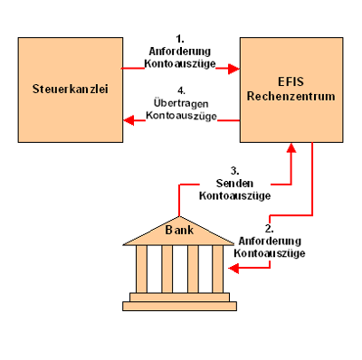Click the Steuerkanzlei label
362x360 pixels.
tap(71, 89)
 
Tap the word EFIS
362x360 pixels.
tap(291, 81)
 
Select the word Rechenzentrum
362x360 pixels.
tap(291, 96)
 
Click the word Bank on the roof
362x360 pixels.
tap(179, 230)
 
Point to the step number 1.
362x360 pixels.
tap(180, 39)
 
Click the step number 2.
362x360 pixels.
tap(270, 229)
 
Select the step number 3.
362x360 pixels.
tap(235, 171)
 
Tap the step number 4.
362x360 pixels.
tap(181, 90)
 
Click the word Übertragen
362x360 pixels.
tap(181, 103)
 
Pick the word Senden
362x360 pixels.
tap(234, 183)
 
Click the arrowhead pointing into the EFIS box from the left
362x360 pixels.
tap(233, 69)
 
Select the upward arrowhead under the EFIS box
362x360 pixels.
tap(291, 147)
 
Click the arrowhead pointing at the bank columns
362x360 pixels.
tap(233, 268)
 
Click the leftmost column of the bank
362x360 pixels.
tap(141, 269)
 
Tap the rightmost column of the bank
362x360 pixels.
tap(218, 269)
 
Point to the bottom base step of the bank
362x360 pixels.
tap(179, 306)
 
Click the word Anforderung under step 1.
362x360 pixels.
tap(180, 52)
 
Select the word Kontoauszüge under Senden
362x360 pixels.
tap(234, 195)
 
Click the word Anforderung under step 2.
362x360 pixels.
tap(270, 241)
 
